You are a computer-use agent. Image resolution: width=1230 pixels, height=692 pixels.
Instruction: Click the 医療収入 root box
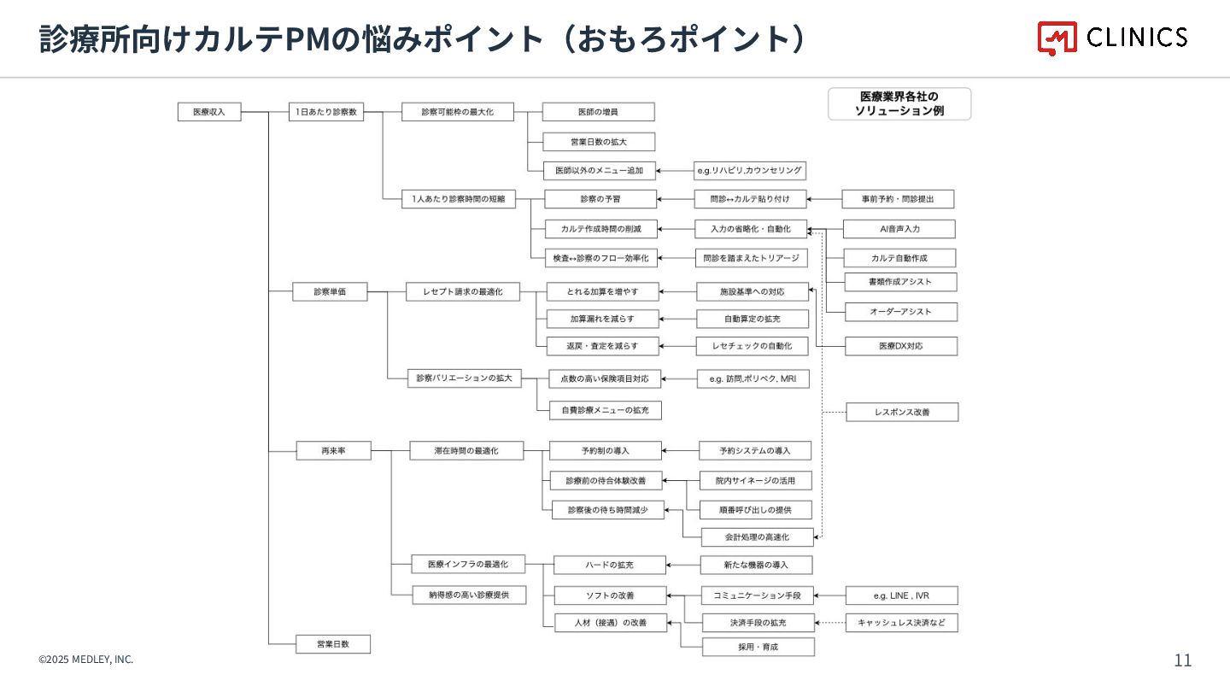[x=209, y=112]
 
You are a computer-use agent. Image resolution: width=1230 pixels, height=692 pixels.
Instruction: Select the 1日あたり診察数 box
[x=326, y=112]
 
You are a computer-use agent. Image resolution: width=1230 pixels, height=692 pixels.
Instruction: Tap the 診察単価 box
[x=330, y=292]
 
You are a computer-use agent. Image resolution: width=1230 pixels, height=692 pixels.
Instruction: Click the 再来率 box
[x=333, y=450]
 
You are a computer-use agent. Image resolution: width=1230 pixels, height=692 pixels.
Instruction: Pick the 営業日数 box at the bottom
[x=333, y=644]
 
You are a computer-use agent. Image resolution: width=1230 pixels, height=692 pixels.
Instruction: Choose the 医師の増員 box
[x=598, y=112]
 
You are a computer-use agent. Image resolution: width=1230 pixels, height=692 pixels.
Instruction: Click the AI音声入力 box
[x=899, y=229]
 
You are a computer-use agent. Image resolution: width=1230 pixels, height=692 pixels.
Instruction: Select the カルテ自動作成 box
[x=899, y=258]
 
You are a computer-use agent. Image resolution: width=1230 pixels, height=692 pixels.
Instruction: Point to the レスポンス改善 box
[x=902, y=412]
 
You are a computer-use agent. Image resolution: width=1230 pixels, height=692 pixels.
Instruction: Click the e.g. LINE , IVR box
[x=901, y=595]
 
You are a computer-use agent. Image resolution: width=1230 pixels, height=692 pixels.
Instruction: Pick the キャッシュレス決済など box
[x=901, y=623]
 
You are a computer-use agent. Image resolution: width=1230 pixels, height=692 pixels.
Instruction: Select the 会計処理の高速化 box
[x=757, y=537]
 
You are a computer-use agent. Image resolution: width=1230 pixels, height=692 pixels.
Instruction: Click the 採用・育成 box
[x=758, y=647]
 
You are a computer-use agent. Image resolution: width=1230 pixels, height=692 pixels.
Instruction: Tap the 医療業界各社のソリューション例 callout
[x=899, y=104]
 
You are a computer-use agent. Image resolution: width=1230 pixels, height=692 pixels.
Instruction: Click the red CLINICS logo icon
[x=1057, y=38]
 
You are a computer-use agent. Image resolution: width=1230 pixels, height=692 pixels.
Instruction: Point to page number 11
[x=1183, y=660]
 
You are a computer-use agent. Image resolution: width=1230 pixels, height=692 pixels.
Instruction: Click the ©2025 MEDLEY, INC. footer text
[x=85, y=660]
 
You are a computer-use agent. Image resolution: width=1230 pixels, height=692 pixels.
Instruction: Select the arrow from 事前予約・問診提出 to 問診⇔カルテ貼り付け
[x=824, y=200]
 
